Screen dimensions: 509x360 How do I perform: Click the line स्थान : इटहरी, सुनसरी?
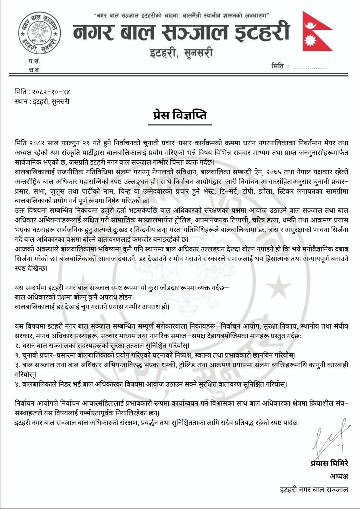42,102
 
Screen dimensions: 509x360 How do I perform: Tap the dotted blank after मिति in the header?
309,67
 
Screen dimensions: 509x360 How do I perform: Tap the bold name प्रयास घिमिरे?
329,464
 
